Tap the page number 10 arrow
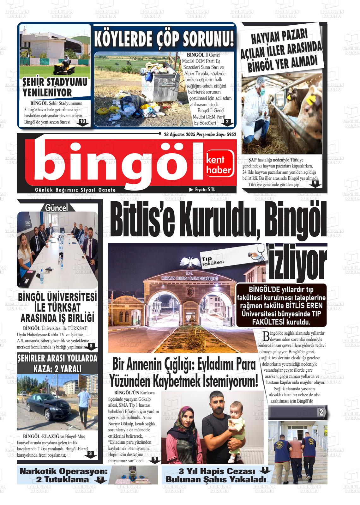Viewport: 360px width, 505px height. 82,122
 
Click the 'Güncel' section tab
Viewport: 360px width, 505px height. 57,208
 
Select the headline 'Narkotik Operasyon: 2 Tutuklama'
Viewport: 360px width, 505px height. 63,475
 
